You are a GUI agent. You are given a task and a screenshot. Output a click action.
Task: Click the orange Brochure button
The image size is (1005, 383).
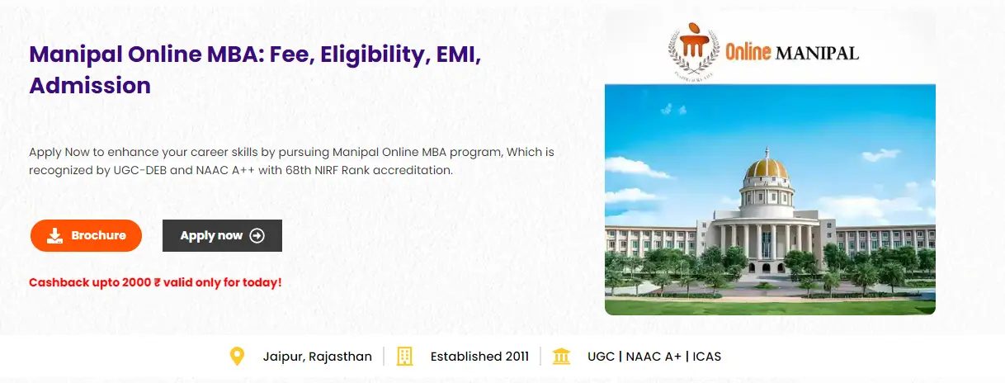86,235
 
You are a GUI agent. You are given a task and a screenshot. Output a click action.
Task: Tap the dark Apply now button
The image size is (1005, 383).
222,235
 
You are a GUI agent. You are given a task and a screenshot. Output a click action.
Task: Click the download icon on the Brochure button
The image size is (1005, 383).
54,236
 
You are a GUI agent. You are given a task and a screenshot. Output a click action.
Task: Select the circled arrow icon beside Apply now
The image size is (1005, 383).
257,235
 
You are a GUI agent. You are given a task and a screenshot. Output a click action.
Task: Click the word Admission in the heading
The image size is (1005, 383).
90,85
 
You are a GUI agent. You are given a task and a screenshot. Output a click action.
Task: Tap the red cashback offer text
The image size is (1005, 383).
155,282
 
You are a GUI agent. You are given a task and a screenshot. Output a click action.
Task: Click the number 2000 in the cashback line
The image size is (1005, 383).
136,282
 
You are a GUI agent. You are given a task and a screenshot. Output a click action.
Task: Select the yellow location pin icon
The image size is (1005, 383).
237,357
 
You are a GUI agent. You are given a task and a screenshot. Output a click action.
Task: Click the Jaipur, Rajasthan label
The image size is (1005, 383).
317,357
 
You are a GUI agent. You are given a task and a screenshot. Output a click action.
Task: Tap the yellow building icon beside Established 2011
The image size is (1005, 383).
404,357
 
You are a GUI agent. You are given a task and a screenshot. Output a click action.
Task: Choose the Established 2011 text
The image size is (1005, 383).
479,357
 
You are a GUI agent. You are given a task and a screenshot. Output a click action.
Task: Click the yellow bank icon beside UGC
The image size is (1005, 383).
561,357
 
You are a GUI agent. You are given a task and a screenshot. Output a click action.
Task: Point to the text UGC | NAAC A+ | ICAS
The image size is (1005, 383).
654,357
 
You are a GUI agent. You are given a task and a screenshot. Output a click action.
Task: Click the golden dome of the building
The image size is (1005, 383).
767,168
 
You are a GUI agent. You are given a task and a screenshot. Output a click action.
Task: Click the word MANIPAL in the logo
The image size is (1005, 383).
817,54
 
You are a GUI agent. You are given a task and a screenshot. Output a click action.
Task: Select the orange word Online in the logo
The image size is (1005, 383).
748,52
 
